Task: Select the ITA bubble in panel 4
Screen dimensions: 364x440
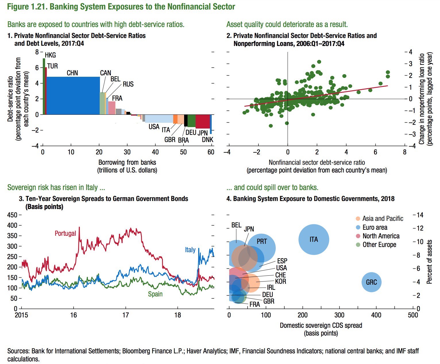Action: pos(314,240)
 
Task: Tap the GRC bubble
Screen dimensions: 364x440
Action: pos(371,282)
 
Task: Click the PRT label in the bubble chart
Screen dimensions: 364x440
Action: pos(262,242)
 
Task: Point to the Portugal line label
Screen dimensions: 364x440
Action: pos(65,233)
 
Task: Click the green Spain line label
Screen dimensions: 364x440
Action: pos(155,294)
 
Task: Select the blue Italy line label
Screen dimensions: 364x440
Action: pos(190,250)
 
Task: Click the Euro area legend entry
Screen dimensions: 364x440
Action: pos(375,227)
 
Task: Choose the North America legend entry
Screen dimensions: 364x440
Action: pos(381,236)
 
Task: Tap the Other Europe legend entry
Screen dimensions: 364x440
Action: pos(379,245)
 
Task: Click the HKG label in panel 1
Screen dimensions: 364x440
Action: pos(50,55)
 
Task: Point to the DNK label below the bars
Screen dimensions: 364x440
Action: pos(207,140)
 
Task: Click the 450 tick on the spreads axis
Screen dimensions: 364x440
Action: pos(12,215)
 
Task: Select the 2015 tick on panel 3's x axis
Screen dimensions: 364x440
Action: pos(22,315)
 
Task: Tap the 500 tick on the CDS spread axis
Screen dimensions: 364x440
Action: pos(413,315)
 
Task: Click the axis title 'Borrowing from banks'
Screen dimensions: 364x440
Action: pos(127,162)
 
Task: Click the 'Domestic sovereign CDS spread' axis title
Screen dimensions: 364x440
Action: pos(321,325)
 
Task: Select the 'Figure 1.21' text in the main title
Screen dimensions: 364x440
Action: pos(26,7)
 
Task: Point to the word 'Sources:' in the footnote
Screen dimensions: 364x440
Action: pos(18,351)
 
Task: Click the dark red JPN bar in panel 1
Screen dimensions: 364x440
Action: pos(202,121)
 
